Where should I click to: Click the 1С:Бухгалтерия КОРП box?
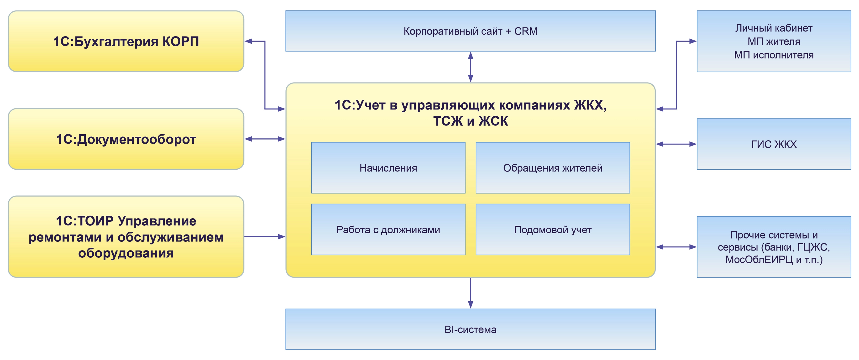pyautogui.click(x=126, y=41)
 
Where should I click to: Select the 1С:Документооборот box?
pyautogui.click(x=126, y=139)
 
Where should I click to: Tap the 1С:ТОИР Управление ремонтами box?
pyautogui.click(x=126, y=237)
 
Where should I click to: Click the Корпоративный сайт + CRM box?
pyautogui.click(x=471, y=31)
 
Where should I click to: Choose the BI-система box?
pyautogui.click(x=471, y=329)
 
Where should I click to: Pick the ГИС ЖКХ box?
pyautogui.click(x=774, y=144)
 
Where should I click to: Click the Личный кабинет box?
pyautogui.click(x=774, y=41)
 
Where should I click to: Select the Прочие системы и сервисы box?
pyautogui.click(x=774, y=247)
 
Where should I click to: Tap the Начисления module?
pyautogui.click(x=388, y=168)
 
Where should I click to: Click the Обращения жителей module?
pyautogui.click(x=553, y=168)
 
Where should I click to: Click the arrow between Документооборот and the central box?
pyautogui.click(x=265, y=139)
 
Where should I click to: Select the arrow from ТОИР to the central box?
pyautogui.click(x=265, y=237)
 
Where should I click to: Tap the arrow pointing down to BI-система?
pyautogui.click(x=471, y=293)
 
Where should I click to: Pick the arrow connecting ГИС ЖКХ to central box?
pyautogui.click(x=676, y=144)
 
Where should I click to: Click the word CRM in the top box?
pyautogui.click(x=526, y=31)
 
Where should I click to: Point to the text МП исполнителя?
pyautogui.click(x=774, y=55)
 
